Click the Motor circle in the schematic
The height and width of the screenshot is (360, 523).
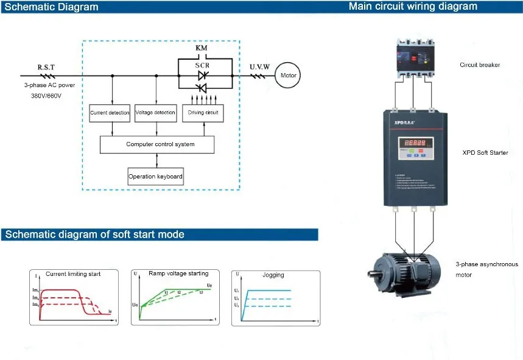coord(288,76)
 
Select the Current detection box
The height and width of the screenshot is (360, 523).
coord(110,113)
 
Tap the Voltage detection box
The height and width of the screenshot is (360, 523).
coord(155,113)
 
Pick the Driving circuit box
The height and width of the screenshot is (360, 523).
coord(203,113)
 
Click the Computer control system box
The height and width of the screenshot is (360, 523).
coord(157,144)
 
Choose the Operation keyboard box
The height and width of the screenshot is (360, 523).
coord(155,177)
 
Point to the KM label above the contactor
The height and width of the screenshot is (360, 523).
coord(202,48)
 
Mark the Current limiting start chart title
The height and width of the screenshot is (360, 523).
coord(73,274)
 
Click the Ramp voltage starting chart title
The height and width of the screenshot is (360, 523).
coord(178,274)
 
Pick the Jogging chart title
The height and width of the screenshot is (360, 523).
coord(273,275)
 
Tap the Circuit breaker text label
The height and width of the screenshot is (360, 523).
coord(479,65)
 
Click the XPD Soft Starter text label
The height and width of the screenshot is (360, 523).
coord(485,152)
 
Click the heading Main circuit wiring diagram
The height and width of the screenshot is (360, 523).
coord(413,7)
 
